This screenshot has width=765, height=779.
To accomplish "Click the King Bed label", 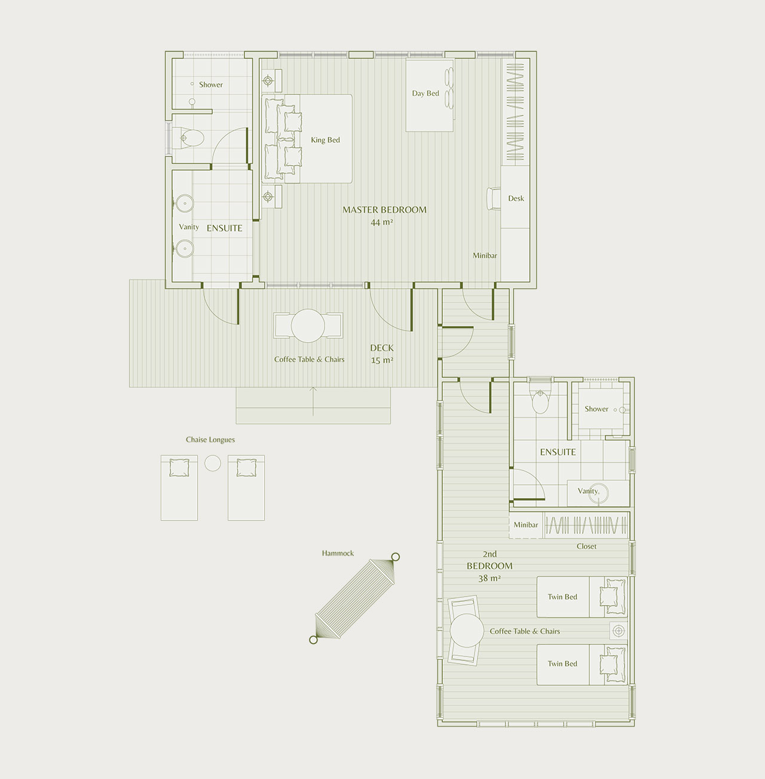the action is [x=325, y=140].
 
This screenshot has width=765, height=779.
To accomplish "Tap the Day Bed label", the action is [x=426, y=93].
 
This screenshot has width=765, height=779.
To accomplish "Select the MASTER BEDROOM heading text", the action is [x=384, y=209].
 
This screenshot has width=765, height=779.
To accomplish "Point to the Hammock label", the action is [x=338, y=553].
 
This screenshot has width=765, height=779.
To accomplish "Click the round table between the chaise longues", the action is [x=213, y=463].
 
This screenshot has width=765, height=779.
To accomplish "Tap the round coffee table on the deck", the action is [x=308, y=325].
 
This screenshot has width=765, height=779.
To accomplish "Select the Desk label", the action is [x=516, y=198].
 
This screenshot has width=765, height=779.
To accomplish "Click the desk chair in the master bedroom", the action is [x=494, y=198].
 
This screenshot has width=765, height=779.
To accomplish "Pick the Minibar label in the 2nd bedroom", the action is [x=526, y=525].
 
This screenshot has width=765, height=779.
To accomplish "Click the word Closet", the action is [x=586, y=546].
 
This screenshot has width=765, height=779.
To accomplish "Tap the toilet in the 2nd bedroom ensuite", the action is [x=540, y=400].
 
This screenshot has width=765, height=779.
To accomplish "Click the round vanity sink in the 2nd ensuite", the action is [x=599, y=493].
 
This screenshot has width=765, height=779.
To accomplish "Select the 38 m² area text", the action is [x=489, y=578].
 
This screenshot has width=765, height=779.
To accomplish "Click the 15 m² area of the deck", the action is [x=382, y=360].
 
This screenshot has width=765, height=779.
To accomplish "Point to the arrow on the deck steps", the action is [x=313, y=401].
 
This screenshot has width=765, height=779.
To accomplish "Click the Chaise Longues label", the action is [x=210, y=439].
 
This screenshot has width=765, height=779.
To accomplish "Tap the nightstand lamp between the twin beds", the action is [x=619, y=631].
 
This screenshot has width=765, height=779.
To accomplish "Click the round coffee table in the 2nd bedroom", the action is [x=467, y=631].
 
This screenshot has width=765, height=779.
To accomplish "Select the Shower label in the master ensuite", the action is [x=210, y=84].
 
